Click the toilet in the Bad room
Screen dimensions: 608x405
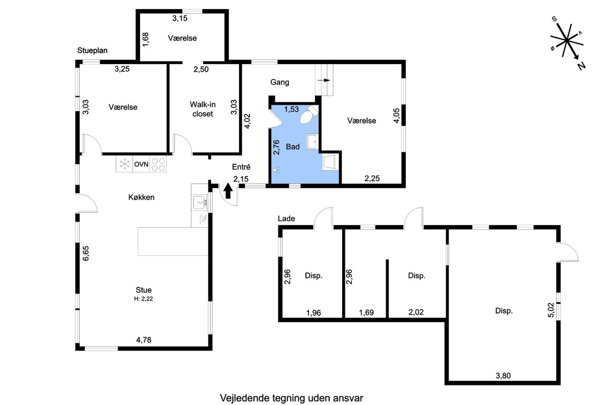pyautogui.click(x=309, y=115)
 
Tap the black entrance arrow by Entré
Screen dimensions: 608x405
pyautogui.click(x=228, y=190)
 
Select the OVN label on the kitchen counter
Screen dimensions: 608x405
pyautogui.click(x=141, y=164)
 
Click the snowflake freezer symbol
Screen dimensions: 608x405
pyautogui.click(x=124, y=164)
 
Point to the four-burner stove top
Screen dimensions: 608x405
pyautogui.click(x=158, y=164)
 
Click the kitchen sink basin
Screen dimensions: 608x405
pyautogui.click(x=200, y=203)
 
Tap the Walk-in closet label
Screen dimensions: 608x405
pyautogui.click(x=202, y=109)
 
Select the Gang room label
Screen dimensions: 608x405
pyautogui.click(x=280, y=82)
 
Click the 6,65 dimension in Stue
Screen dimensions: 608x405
pyautogui.click(x=86, y=254)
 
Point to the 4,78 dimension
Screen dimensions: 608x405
pyautogui.click(x=143, y=339)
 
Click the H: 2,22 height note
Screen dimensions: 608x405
pyautogui.click(x=143, y=299)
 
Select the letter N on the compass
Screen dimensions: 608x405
pyautogui.click(x=581, y=66)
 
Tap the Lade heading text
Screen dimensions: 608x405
pyautogui.click(x=286, y=218)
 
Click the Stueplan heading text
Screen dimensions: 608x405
pyautogui.click(x=92, y=50)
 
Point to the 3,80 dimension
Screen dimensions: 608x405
pyautogui.click(x=503, y=376)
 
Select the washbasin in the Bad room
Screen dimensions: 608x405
pyautogui.click(x=312, y=141)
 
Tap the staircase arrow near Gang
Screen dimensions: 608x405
pyautogui.click(x=323, y=80)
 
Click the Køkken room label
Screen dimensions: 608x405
pyautogui.click(x=142, y=197)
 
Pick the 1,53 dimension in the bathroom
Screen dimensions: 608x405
pyautogui.click(x=291, y=109)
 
